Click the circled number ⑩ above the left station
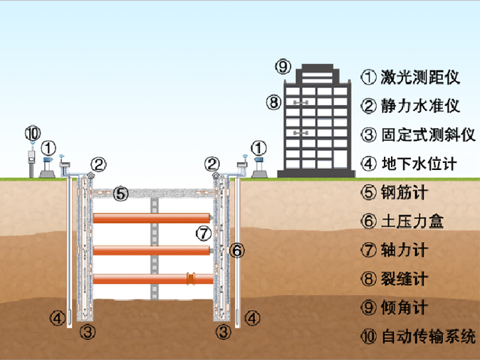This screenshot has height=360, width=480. [32, 133]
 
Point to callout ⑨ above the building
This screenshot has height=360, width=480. [283, 68]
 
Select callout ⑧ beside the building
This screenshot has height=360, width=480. [274, 102]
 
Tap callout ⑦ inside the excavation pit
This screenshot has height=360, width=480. [204, 233]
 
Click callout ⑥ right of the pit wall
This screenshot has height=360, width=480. [238, 250]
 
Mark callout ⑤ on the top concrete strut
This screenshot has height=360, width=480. [120, 193]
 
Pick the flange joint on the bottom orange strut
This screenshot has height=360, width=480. [190, 278]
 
